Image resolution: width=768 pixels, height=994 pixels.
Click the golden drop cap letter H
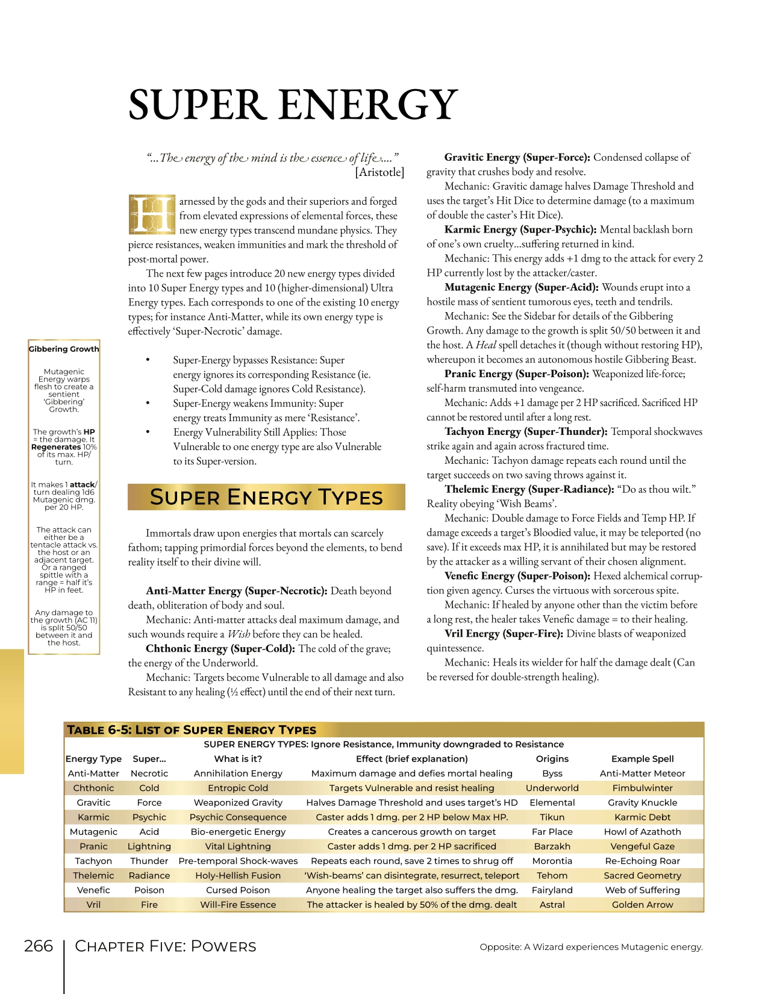click(151, 214)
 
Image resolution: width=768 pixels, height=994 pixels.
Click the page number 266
click(39, 946)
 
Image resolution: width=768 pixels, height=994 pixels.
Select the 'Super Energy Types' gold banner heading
click(266, 497)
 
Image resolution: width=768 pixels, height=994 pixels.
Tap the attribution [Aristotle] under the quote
click(379, 172)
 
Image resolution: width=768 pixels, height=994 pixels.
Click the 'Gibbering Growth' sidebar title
click(64, 349)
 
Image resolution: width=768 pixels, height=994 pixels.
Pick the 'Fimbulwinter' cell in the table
click(642, 788)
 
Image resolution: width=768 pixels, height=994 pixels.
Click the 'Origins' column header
click(552, 759)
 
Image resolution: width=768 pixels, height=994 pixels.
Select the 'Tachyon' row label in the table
click(93, 861)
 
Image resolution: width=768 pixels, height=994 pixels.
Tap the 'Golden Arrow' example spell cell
click(642, 905)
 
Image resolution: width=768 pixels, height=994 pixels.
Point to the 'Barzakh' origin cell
click(552, 846)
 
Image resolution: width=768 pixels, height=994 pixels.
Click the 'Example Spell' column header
click(642, 759)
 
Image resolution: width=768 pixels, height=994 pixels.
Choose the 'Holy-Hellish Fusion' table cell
click(238, 875)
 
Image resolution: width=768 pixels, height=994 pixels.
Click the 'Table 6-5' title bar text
click(192, 730)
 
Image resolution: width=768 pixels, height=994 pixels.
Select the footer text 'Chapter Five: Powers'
click(166, 946)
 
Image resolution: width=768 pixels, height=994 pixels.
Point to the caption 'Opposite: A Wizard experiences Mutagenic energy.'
click(591, 947)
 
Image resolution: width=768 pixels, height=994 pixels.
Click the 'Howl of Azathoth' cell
click(642, 832)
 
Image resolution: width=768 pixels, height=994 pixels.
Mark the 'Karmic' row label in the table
click(93, 817)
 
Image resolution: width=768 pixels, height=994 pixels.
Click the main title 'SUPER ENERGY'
click(293, 105)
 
